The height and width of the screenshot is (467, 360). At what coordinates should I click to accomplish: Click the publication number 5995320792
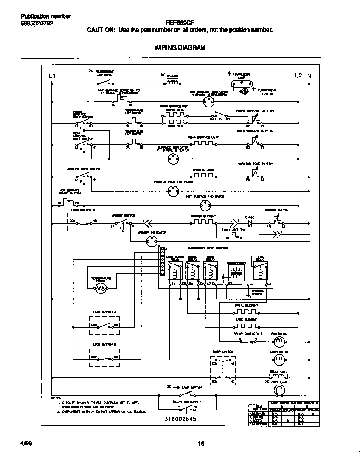[37, 24]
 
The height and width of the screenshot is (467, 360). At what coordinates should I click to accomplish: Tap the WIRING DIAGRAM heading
[180, 48]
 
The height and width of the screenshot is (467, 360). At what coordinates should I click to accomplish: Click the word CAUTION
[101, 30]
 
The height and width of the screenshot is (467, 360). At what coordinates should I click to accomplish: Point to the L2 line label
[298, 76]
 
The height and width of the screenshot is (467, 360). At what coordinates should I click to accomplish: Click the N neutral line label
[309, 76]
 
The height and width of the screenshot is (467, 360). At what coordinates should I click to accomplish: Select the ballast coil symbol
[172, 83]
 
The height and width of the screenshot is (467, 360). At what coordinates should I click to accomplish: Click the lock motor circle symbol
[279, 360]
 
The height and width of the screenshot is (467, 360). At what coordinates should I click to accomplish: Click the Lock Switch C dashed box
[83, 222]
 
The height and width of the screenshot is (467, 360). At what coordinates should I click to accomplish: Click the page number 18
[201, 444]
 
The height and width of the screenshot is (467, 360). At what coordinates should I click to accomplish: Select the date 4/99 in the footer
[26, 444]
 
